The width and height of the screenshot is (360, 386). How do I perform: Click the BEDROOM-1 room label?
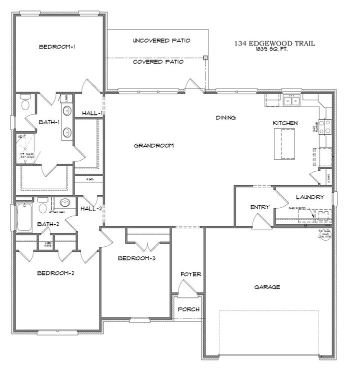click(x=57, y=47)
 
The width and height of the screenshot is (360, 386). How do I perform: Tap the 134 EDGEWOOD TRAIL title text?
click(x=274, y=44)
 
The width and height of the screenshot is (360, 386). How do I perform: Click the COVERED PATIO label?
click(x=158, y=62)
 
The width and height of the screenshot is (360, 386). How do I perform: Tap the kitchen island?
click(x=285, y=144)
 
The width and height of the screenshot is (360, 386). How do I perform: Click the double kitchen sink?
click(x=290, y=101)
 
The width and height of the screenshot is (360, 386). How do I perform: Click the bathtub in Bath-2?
click(x=23, y=217)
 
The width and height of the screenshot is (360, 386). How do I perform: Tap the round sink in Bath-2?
click(x=64, y=203)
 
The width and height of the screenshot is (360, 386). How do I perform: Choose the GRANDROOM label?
click(x=153, y=146)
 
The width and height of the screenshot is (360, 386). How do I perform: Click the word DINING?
click(x=225, y=118)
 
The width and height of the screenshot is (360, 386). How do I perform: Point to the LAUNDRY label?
click(x=309, y=197)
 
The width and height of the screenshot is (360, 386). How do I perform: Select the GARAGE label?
click(x=266, y=287)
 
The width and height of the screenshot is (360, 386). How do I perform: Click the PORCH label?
click(x=189, y=309)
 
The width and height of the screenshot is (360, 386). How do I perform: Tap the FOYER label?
click(x=190, y=274)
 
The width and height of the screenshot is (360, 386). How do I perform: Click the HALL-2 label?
click(x=91, y=209)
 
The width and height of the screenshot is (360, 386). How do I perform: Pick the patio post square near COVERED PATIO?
click(x=205, y=58)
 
